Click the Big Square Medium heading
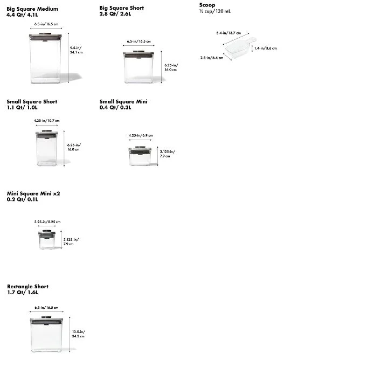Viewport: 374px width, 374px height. [x=32, y=9]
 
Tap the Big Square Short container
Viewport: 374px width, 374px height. [x=138, y=67]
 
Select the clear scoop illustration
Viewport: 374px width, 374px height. [x=240, y=47]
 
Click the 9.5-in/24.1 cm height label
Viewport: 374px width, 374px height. [x=76, y=50]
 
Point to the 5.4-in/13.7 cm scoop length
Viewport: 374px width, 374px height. [x=228, y=33]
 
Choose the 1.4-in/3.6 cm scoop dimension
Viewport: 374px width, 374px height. [x=265, y=48]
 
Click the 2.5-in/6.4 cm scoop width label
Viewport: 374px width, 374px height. [x=212, y=58]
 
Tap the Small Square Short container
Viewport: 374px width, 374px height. [x=47, y=148]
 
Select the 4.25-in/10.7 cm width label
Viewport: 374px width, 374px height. [x=46, y=121]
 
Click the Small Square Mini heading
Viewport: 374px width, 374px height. [x=123, y=102]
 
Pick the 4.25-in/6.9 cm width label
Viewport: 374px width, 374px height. [x=141, y=135]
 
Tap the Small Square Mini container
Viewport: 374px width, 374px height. [x=140, y=156]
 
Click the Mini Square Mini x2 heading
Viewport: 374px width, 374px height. [x=33, y=193]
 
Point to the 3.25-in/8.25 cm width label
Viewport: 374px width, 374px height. [x=47, y=222]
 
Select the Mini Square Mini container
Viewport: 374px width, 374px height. [x=47, y=239]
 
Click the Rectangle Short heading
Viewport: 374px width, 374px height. [x=27, y=287]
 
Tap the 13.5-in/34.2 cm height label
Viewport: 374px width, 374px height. [x=79, y=334]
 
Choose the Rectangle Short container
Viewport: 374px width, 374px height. [x=46, y=334]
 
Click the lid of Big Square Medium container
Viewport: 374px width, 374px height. [x=45, y=36]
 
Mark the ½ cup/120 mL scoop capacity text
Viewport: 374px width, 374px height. [x=215, y=11]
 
